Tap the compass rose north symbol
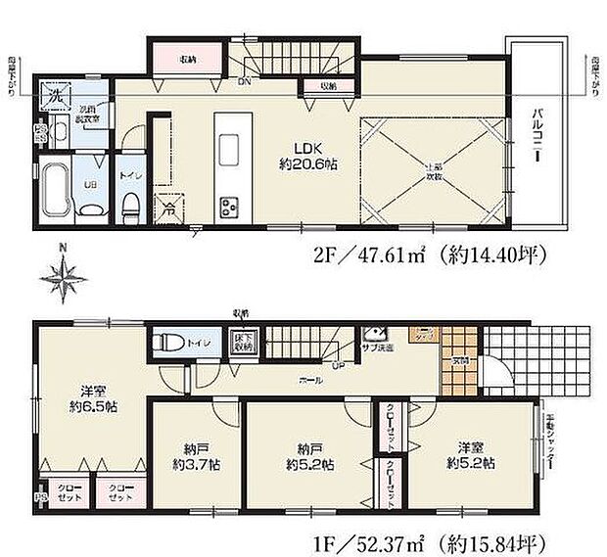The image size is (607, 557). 63,276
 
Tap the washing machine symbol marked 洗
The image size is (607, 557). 49,98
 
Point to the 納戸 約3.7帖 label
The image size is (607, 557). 195,456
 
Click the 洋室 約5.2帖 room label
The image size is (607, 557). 470,456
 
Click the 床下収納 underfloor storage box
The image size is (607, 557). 242,344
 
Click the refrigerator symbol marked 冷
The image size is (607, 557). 168,207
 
